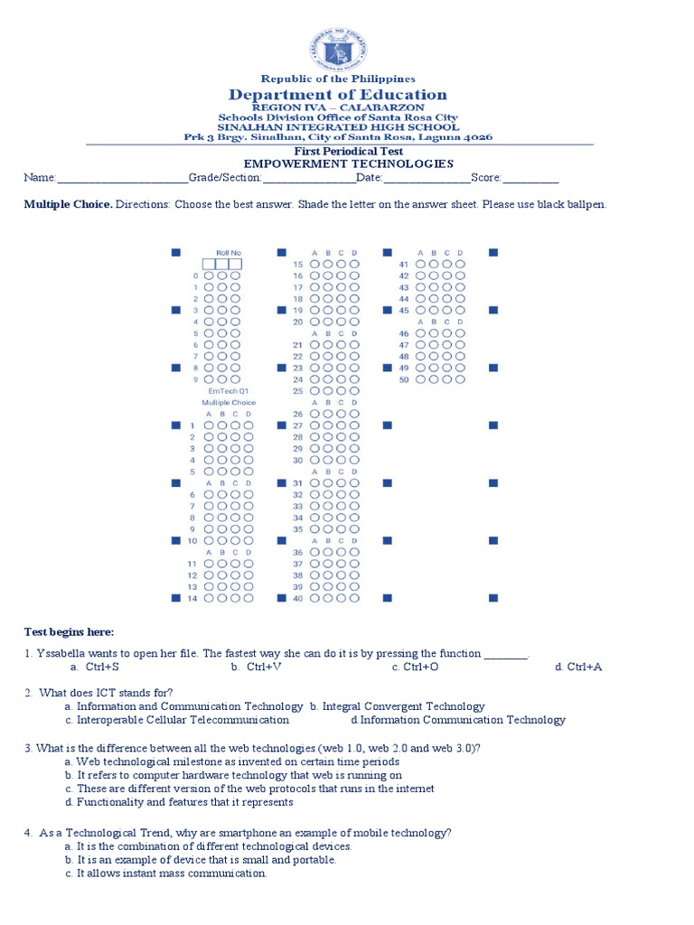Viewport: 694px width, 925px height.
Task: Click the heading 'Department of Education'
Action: pyautogui.click(x=337, y=95)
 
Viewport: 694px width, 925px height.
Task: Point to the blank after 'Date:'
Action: pyautogui.click(x=430, y=179)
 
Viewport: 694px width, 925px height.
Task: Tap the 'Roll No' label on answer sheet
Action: pyautogui.click(x=229, y=253)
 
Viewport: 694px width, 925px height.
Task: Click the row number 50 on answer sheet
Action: pyautogui.click(x=405, y=379)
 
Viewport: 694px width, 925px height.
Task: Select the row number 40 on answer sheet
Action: pyautogui.click(x=297, y=598)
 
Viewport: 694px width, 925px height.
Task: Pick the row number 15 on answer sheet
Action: pyautogui.click(x=297, y=264)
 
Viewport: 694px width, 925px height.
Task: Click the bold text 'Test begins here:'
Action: pyautogui.click(x=70, y=631)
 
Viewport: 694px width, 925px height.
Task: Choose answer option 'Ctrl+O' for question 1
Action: pyautogui.click(x=421, y=667)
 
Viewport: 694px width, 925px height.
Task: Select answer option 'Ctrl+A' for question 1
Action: pyautogui.click(x=585, y=667)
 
